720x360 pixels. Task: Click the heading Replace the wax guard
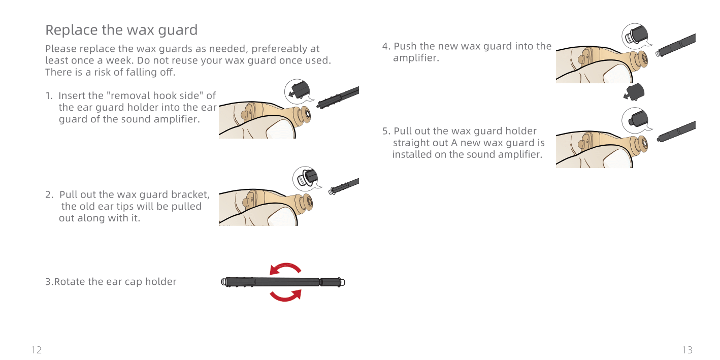pos(121,30)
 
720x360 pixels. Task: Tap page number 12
pos(36,350)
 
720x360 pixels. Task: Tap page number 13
pos(687,350)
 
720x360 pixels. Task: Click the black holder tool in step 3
pos(283,282)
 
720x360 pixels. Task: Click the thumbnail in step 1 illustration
pos(281,132)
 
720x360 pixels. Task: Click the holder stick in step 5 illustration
pos(677,131)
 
